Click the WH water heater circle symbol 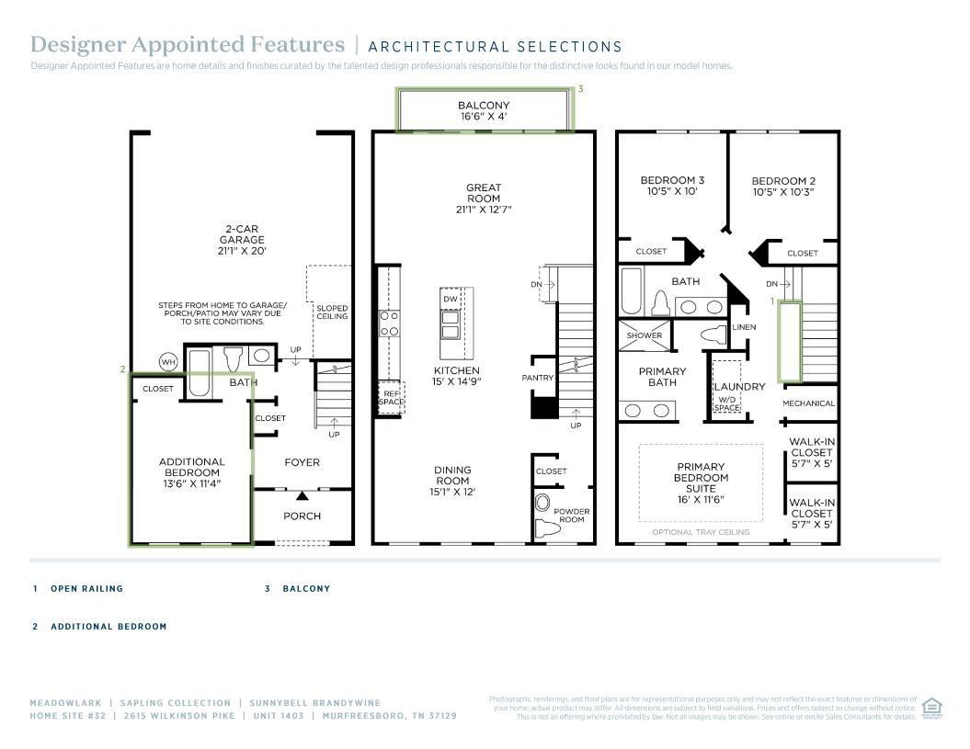[x=168, y=362]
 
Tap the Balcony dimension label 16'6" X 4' [x=484, y=118]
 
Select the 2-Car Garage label [x=242, y=240]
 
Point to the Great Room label [x=484, y=193]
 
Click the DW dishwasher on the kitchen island [x=451, y=300]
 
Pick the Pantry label [x=537, y=378]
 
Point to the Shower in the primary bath [x=645, y=335]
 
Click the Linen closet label [x=744, y=328]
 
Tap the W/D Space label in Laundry [x=727, y=403]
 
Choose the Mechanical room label [x=808, y=403]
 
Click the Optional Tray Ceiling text [x=701, y=532]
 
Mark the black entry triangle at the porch [x=302, y=496]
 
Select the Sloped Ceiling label [x=332, y=312]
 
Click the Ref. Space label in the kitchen [x=390, y=398]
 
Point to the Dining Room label [x=452, y=481]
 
